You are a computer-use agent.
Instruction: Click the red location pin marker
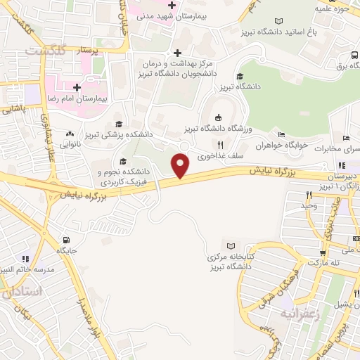181,165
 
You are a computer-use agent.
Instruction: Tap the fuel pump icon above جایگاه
66,238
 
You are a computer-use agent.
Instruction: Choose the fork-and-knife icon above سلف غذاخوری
221,144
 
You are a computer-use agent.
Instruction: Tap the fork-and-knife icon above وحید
309,194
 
